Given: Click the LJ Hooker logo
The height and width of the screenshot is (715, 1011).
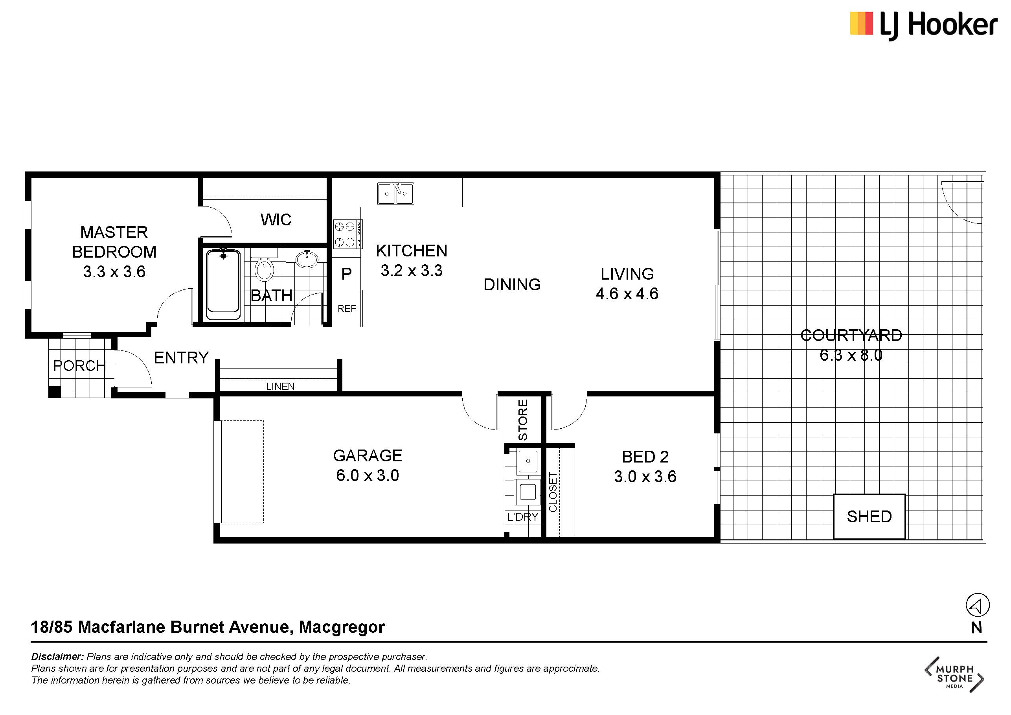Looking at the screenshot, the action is (923, 25).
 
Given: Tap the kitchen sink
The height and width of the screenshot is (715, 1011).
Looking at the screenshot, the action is (395, 193).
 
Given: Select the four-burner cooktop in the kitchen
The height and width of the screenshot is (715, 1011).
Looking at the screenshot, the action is (347, 234).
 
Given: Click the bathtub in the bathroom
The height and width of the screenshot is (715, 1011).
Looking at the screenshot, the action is (223, 284).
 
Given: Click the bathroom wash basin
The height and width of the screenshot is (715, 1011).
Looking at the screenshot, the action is (307, 259).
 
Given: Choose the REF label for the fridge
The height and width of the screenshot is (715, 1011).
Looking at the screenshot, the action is (347, 309).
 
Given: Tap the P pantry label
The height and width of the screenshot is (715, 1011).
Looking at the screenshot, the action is (347, 274).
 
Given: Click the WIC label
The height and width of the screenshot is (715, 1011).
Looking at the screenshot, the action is (276, 219).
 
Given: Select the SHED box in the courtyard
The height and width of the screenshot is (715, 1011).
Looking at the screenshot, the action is (869, 516).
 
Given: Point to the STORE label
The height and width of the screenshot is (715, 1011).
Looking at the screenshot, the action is (523, 420).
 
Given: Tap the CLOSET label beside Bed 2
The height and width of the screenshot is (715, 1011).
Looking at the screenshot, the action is (553, 492).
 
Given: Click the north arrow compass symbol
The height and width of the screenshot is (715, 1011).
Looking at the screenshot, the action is (978, 605).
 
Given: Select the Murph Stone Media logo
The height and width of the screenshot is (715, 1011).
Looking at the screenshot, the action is (954, 674).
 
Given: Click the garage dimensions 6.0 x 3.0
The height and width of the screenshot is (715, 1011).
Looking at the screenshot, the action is (368, 475).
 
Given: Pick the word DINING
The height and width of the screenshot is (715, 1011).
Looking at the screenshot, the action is (512, 285).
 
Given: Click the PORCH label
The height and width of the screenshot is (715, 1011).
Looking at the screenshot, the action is (79, 366).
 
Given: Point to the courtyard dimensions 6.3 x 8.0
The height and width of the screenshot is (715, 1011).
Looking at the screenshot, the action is (851, 355).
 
